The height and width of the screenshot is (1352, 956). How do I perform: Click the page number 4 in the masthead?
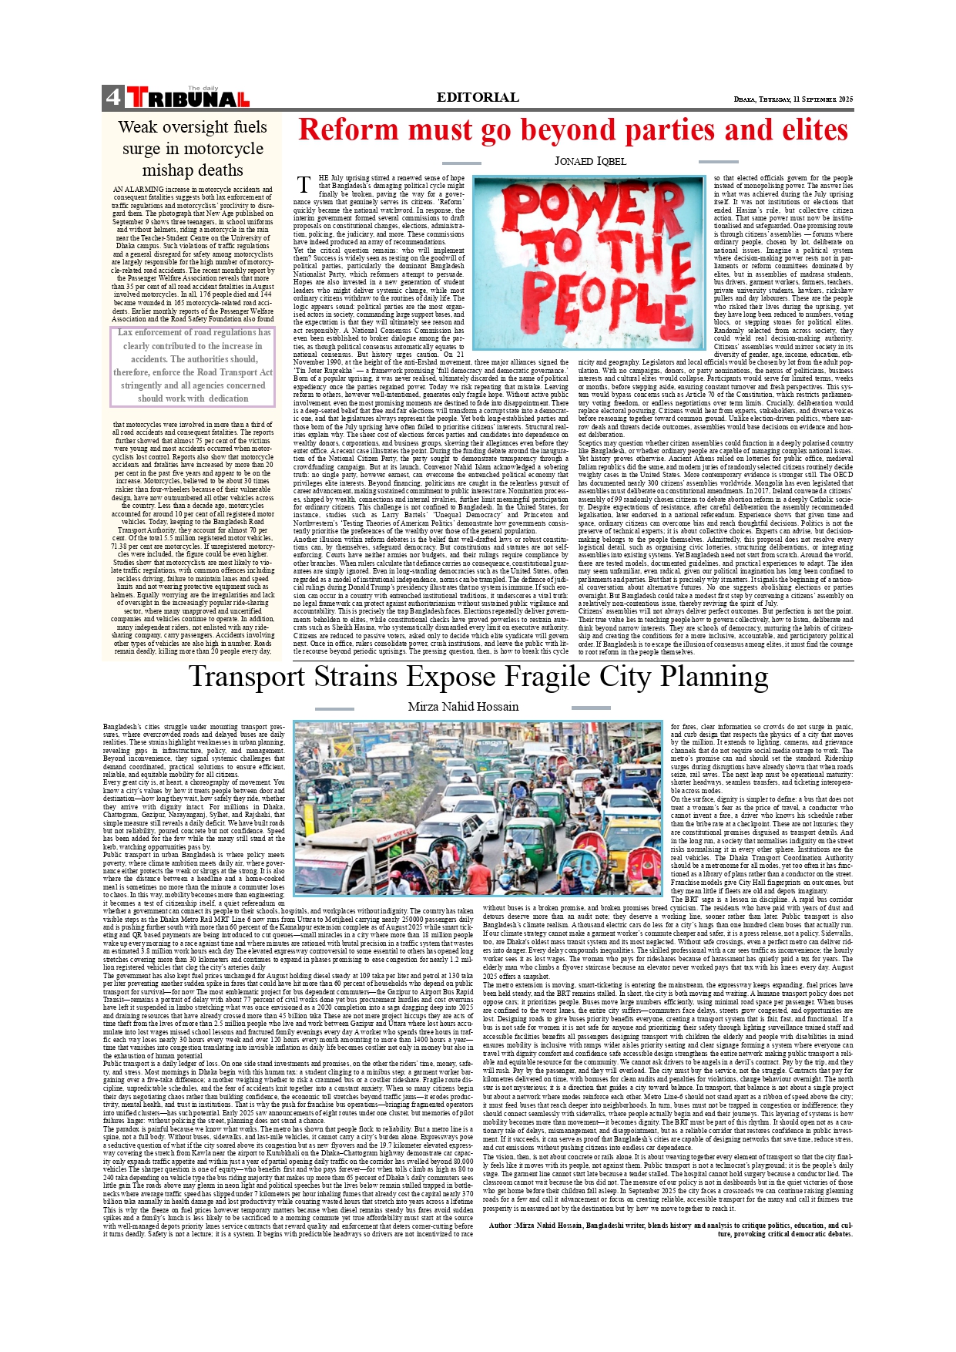tap(113, 97)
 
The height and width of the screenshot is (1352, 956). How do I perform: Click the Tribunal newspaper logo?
tap(188, 98)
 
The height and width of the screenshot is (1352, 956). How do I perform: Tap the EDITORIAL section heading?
tap(478, 97)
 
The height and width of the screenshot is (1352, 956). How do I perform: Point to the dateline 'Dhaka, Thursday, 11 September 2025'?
tap(793, 99)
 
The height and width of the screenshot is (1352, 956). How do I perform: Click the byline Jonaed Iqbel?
tap(590, 161)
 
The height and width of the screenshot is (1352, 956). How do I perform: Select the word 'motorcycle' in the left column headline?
tap(193, 149)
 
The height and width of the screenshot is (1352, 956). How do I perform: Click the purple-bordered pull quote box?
tap(193, 366)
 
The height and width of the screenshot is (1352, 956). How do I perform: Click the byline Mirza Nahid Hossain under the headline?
tap(463, 707)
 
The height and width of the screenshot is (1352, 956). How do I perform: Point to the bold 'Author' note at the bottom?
tap(501, 1225)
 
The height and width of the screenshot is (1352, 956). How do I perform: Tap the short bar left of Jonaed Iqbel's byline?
tap(462, 163)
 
